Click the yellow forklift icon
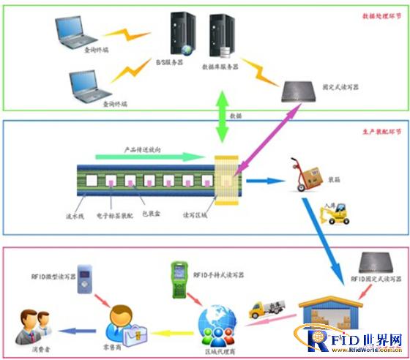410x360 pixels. coord(337,212)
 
